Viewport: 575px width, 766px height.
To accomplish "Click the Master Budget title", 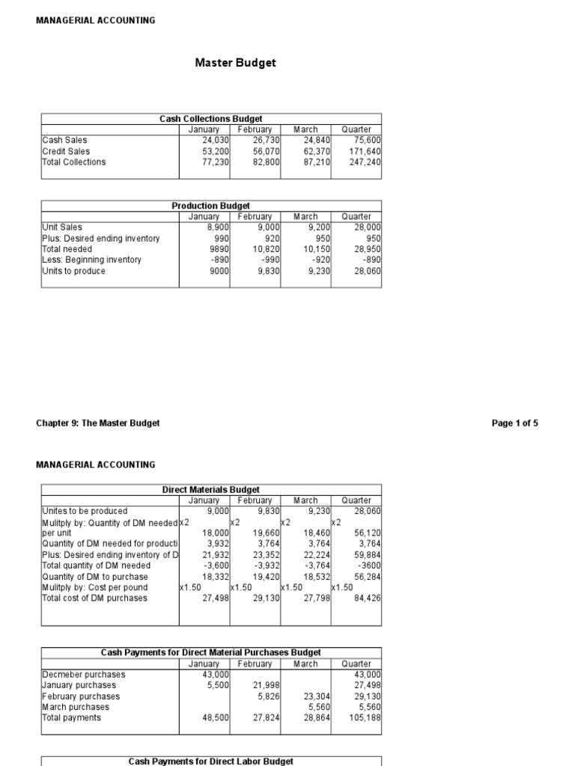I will [235, 63].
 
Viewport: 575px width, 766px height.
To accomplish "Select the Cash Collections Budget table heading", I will [211, 119].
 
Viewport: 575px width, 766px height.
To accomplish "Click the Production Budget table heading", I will [211, 206].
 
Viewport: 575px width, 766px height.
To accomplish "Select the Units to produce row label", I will [74, 271].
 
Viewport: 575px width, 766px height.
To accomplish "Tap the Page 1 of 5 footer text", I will [514, 423].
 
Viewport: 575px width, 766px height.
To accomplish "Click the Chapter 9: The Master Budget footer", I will [98, 423].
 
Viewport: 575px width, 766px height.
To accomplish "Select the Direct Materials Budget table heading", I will [211, 490].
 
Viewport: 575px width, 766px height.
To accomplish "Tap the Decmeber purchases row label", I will [84, 674].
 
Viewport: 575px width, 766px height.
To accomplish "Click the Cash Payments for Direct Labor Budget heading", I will [211, 761].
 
